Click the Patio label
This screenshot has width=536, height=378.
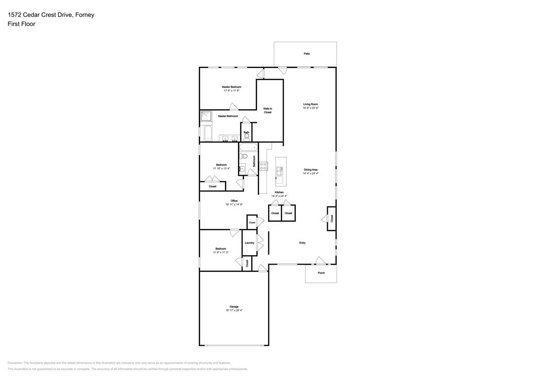307,54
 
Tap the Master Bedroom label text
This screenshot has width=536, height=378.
231,87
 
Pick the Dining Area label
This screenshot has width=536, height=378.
311,169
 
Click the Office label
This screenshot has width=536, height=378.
234,201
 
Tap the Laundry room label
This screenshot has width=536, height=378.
249,243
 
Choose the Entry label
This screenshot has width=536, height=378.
303,243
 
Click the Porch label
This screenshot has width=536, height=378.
321,273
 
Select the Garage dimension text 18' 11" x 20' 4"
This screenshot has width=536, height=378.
234,311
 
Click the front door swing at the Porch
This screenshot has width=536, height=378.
320,260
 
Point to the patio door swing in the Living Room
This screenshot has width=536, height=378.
282,70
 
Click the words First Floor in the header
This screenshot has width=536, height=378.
21,24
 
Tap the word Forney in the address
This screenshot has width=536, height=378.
84,15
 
